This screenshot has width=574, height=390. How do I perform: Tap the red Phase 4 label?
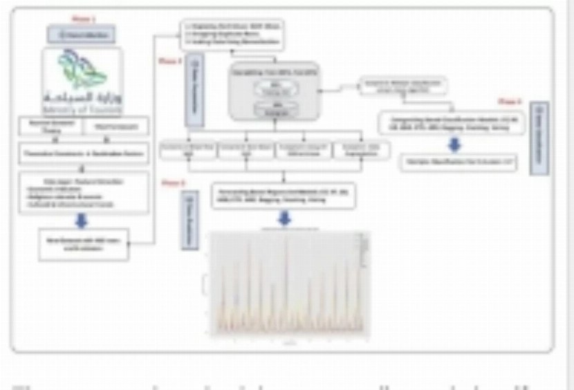click(x=510, y=101)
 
